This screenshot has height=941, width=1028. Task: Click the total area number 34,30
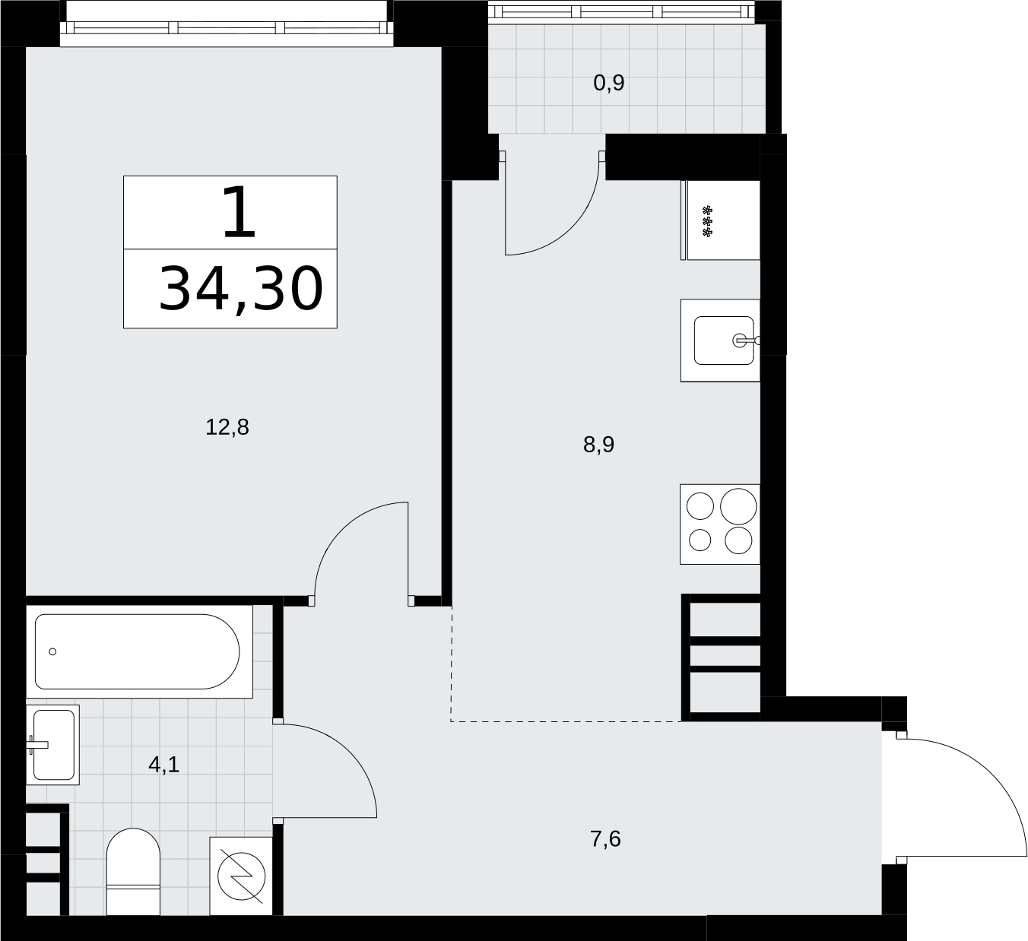(241, 290)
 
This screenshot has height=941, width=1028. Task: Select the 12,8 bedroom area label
(227, 427)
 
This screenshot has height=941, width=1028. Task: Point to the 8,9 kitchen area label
(598, 445)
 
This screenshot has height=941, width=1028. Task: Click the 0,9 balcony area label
(609, 83)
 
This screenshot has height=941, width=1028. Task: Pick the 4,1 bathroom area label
(164, 765)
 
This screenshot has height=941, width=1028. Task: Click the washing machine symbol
(241, 876)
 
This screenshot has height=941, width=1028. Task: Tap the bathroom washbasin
(52, 745)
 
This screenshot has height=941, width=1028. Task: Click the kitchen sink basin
(724, 341)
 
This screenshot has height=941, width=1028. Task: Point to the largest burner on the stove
(738, 506)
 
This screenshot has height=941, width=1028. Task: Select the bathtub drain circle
(52, 651)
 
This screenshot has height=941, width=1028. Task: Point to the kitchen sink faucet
(747, 341)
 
